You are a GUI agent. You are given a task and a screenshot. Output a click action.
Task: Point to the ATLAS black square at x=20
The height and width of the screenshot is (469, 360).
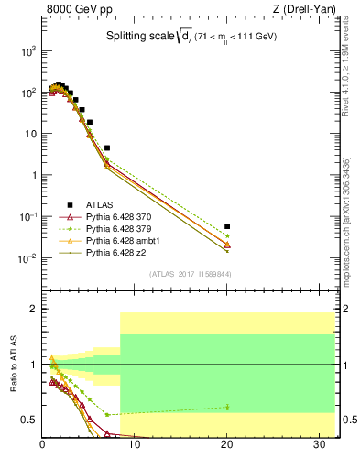(x=227, y=226)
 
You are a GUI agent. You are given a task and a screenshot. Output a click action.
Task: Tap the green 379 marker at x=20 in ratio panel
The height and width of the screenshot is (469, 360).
(x=227, y=407)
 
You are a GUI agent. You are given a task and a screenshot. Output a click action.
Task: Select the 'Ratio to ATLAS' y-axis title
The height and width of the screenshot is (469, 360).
(x=14, y=364)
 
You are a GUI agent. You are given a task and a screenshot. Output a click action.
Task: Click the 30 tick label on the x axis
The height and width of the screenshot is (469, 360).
(x=320, y=447)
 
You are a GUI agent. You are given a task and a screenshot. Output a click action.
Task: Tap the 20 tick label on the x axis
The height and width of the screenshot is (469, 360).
(x=227, y=447)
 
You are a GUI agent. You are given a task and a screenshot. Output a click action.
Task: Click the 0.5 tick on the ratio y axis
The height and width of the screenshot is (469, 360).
(x=30, y=420)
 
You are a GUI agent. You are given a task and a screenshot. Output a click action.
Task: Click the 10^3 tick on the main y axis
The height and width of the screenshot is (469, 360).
(x=28, y=51)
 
